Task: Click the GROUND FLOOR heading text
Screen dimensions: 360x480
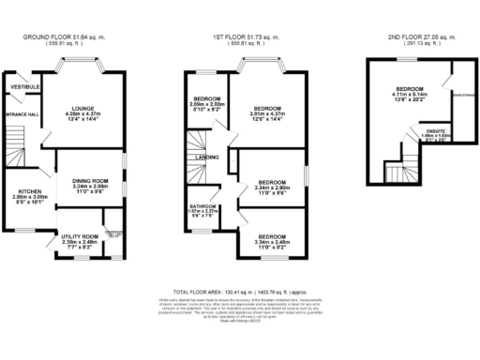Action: coord(63,37)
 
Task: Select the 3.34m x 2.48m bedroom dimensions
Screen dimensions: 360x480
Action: coord(272,243)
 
